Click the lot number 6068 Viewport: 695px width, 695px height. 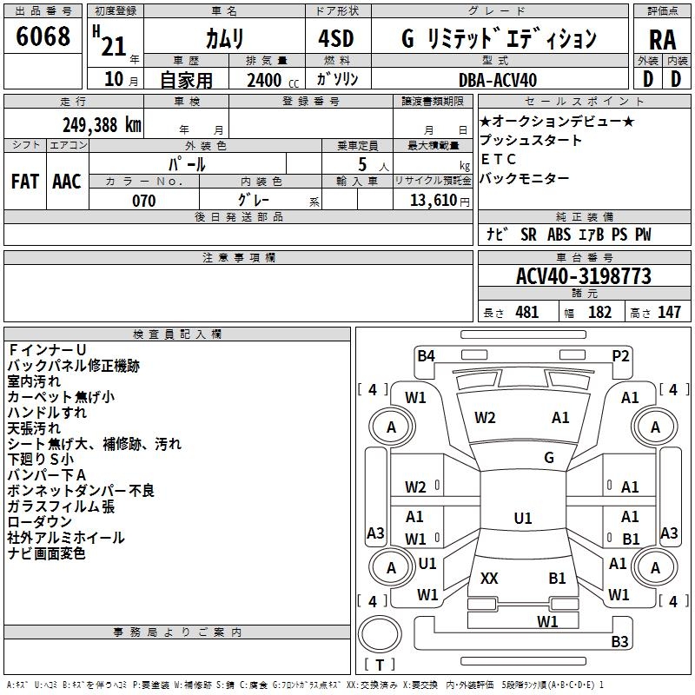click(x=43, y=36)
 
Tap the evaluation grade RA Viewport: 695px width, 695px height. click(x=662, y=40)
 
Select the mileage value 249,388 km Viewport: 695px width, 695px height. click(x=102, y=124)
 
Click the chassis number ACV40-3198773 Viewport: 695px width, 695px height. click(x=584, y=276)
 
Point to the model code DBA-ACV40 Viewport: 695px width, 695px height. click(x=498, y=80)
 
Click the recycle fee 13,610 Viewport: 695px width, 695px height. click(x=431, y=201)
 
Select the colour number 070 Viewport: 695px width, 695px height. click(x=143, y=201)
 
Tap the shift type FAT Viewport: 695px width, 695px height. click(x=25, y=181)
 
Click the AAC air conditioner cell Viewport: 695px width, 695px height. click(x=67, y=181)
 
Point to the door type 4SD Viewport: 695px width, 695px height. click(x=336, y=40)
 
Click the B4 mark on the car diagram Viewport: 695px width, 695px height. click(x=426, y=354)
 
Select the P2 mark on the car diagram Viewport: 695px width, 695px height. click(x=620, y=354)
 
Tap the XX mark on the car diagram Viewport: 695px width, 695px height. click(x=489, y=579)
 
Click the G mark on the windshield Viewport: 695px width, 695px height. click(x=548, y=458)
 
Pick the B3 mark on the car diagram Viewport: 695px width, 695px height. click(x=619, y=642)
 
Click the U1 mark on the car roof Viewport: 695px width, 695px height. click(x=522, y=519)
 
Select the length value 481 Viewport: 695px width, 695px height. click(x=526, y=313)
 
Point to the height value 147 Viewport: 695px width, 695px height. click(x=669, y=313)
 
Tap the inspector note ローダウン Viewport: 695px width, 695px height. click(x=40, y=521)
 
